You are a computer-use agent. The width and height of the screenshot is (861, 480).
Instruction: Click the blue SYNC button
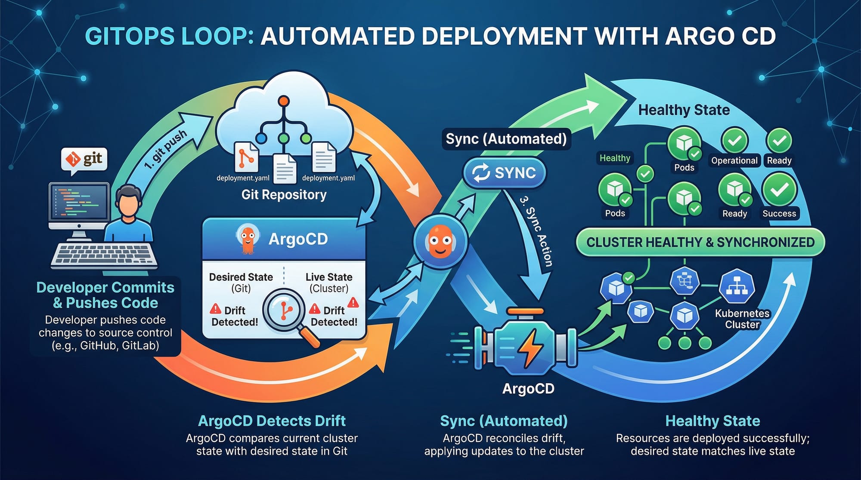[x=504, y=173]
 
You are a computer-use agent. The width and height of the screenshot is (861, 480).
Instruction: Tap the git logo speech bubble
[x=85, y=160]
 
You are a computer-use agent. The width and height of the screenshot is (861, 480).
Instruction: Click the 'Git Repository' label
[x=284, y=195]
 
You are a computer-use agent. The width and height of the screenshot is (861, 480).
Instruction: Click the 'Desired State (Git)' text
[x=241, y=283]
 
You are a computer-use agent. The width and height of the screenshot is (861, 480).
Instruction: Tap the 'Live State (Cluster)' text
[x=329, y=283]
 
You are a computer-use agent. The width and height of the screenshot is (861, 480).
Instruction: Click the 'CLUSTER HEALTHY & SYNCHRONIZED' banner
[x=700, y=242]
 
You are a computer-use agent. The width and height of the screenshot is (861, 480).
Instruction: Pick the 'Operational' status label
[x=734, y=160]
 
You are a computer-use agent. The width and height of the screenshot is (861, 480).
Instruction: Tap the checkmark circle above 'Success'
[x=779, y=190]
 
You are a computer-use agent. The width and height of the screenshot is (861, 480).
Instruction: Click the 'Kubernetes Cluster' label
[x=742, y=319]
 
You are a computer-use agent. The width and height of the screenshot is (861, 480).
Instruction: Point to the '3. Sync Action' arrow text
[x=536, y=231]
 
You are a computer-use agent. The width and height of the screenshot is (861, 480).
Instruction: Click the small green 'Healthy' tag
[x=615, y=158]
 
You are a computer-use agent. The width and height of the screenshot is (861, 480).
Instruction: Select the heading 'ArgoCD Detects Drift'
[x=272, y=421]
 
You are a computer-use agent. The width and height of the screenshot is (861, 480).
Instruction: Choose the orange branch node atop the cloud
[x=283, y=102]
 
